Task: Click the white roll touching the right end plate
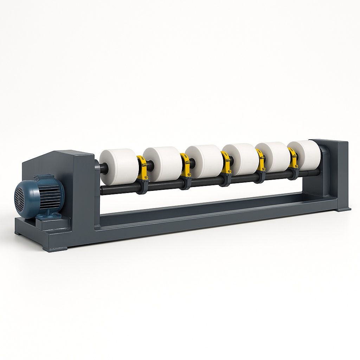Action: click(x=304, y=155)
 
